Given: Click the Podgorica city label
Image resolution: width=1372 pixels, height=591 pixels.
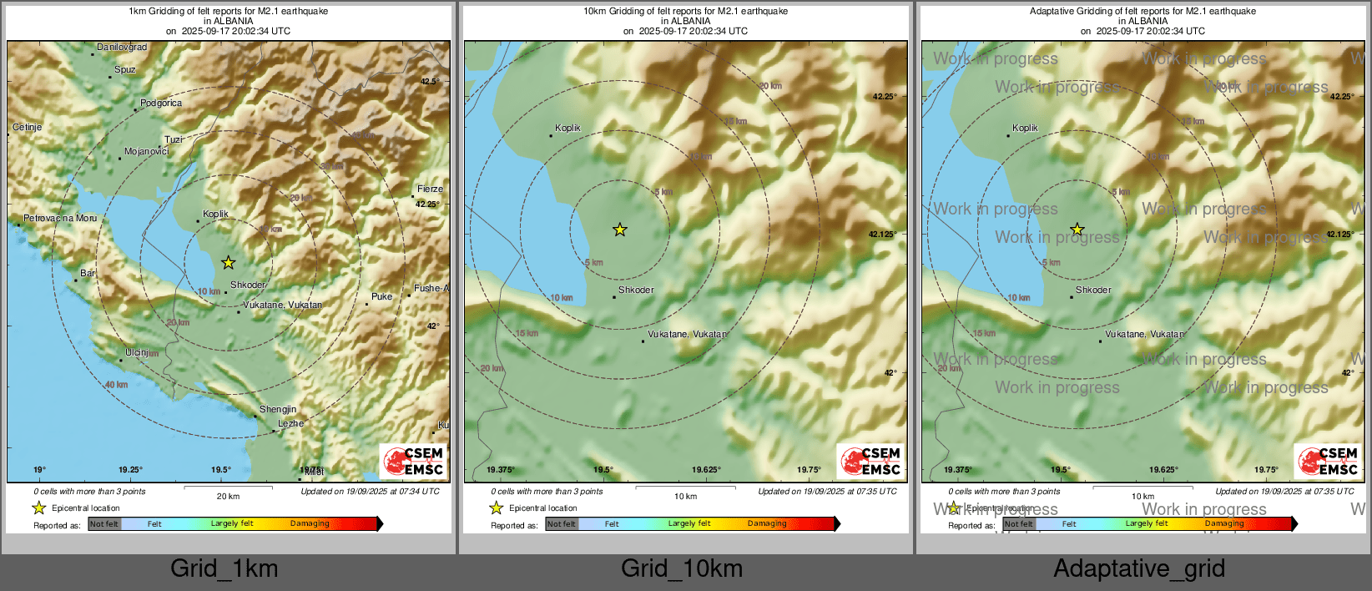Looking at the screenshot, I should pos(161,104).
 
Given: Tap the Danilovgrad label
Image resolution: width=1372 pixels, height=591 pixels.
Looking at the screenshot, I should pos(122,48).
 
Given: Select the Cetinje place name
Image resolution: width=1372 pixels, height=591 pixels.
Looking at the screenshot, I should pos(28,128).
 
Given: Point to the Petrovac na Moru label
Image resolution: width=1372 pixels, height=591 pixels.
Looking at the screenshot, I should pos(60,219).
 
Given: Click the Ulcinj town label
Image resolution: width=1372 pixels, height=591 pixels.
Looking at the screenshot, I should pos(138,353).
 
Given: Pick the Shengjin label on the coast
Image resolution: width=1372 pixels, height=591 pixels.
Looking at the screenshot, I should pos(278,410).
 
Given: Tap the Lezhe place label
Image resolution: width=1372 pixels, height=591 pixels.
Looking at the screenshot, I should pos(290,424).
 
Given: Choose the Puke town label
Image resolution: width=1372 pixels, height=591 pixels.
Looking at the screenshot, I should pos(381,297).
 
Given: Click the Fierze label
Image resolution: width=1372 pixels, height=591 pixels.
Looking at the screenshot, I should pos(431,189).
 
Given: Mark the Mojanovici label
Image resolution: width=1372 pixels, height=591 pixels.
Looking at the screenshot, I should pos(147,152).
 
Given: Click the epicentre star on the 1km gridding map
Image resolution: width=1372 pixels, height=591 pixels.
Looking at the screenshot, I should pos(229,263).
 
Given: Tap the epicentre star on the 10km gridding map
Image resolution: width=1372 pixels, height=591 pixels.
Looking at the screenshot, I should pos(620,230).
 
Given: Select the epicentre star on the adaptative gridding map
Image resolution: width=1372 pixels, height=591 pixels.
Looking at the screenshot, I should pos(1077,230).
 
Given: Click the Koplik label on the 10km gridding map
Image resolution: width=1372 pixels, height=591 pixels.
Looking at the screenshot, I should pos(567,129).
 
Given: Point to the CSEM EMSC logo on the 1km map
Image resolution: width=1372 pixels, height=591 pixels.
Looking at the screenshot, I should pos(413,461).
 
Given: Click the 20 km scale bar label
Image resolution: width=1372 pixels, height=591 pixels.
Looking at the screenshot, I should pos(228,497).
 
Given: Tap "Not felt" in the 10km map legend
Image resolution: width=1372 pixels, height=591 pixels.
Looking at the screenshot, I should pos(562,524).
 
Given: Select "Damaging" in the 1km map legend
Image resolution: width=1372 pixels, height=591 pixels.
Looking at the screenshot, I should pos(310,524).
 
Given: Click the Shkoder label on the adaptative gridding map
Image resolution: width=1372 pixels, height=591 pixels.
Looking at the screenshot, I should pos(1093,290).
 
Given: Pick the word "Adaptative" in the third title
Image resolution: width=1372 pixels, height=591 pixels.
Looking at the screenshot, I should pos(1054,12).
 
